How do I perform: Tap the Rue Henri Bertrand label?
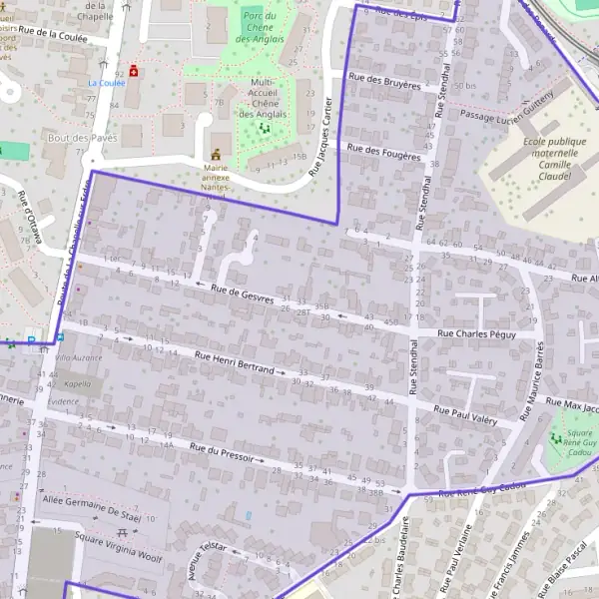234,362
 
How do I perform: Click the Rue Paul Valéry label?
465,416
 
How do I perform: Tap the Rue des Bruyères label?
384,81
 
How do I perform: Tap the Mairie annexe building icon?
215,155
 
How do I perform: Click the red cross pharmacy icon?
134,73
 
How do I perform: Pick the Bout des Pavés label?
82,137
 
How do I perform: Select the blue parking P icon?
32,340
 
